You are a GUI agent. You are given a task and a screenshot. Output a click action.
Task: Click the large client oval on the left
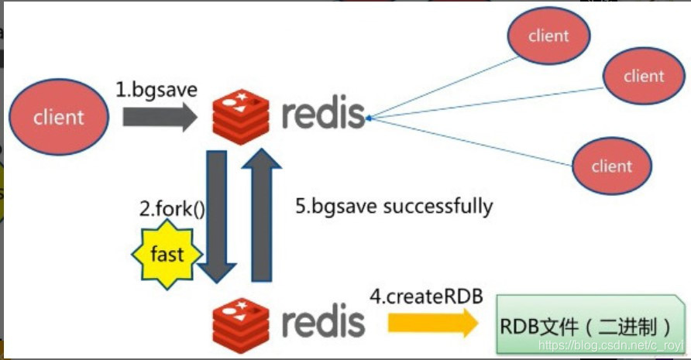pyautogui.click(x=58, y=118)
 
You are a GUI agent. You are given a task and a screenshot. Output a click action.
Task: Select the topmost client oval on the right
pyautogui.click(x=548, y=36)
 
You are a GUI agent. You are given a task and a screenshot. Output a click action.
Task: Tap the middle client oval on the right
pyautogui.click(x=644, y=76)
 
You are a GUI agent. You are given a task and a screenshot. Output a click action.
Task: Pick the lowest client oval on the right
pyautogui.click(x=611, y=166)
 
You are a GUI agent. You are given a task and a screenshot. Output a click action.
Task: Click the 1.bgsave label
pyautogui.click(x=156, y=90)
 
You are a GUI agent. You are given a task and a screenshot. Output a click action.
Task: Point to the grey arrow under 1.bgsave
pyautogui.click(x=160, y=117)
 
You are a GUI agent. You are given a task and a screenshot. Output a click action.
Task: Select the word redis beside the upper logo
pyautogui.click(x=323, y=114)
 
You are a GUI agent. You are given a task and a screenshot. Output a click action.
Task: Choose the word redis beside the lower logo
pyautogui.click(x=323, y=321)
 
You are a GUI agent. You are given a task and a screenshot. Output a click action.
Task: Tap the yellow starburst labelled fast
pyautogui.click(x=167, y=254)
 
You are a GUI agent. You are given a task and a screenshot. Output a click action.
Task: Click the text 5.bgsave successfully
pyautogui.click(x=394, y=206)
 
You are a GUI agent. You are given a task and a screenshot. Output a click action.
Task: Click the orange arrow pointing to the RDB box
pyautogui.click(x=431, y=321)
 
